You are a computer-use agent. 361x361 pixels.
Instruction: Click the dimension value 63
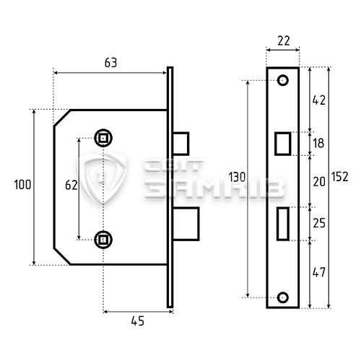(x=110, y=63)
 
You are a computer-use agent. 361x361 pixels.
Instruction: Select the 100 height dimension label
(x=22, y=185)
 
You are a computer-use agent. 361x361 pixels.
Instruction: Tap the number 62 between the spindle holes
(x=71, y=185)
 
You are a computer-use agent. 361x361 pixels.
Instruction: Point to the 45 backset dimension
(x=138, y=321)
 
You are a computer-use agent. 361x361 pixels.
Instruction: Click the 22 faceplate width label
(x=284, y=41)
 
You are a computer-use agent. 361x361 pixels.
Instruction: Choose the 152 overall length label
(x=340, y=177)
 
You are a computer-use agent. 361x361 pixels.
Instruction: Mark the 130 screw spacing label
(x=237, y=178)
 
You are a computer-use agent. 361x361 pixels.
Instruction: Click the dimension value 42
(x=319, y=100)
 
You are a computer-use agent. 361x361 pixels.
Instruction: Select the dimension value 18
(x=318, y=144)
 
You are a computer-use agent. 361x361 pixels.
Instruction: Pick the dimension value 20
(x=319, y=182)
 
